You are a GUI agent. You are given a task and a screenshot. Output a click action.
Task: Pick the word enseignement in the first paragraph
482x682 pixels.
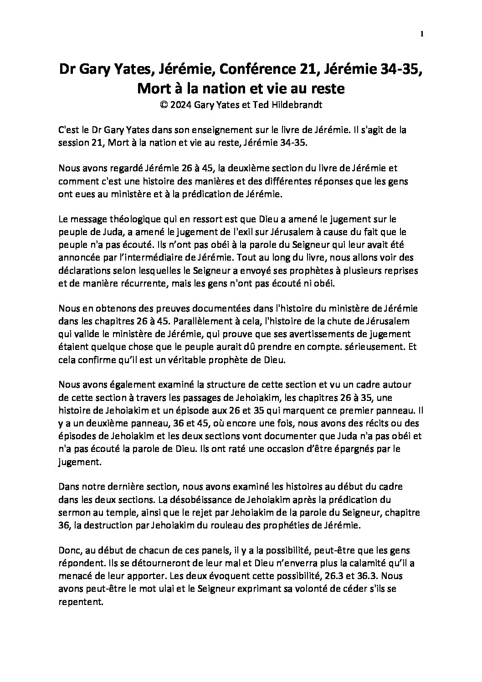pos(205,130)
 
